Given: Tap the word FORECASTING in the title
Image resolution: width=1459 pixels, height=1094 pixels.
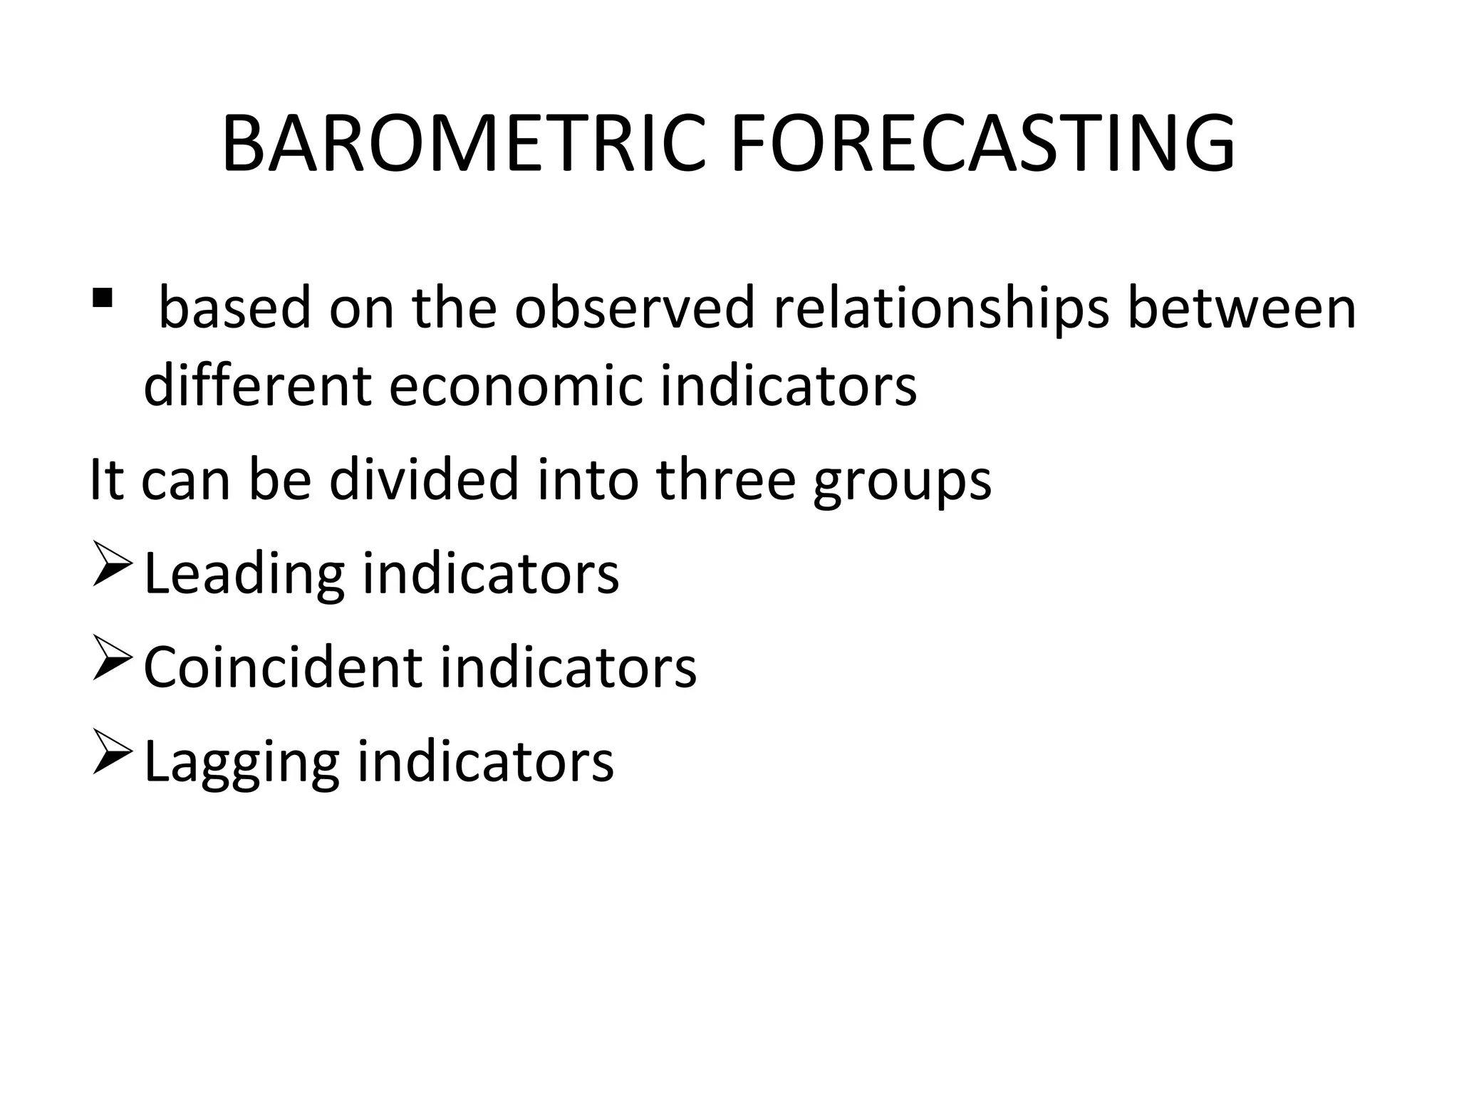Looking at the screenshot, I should coord(982,145).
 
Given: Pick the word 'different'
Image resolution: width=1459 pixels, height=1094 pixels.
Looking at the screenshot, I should coord(257,385).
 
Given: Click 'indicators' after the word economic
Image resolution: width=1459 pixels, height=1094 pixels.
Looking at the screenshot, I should coord(789,385).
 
